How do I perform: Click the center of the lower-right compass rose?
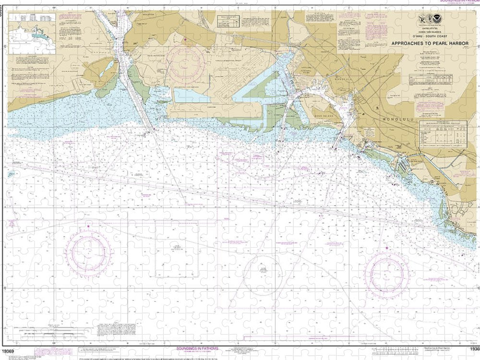coord(387,272)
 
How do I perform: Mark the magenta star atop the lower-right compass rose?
coord(387,248)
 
